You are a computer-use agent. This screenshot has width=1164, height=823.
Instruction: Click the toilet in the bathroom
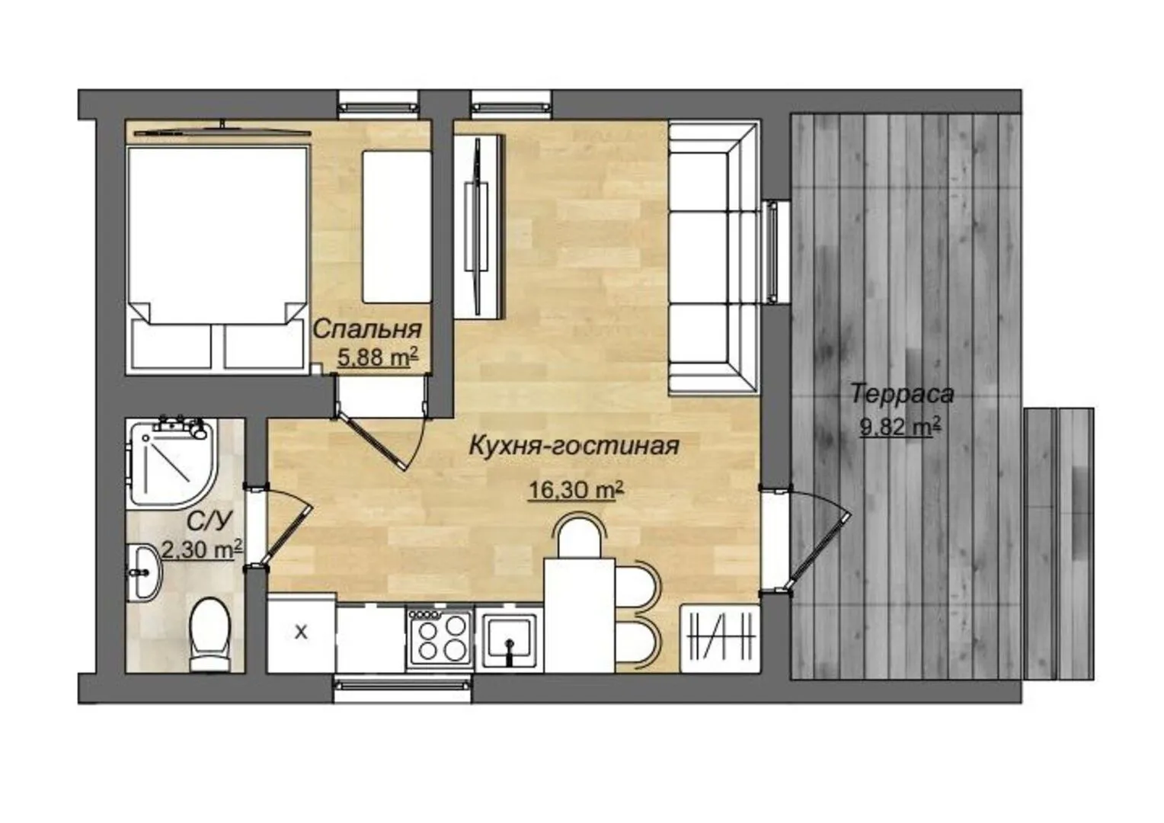tap(210, 635)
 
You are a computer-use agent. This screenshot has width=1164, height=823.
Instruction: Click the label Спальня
tap(367, 330)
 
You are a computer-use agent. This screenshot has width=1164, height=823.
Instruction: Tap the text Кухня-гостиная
tap(574, 446)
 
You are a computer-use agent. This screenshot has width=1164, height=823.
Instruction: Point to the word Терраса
tap(902, 394)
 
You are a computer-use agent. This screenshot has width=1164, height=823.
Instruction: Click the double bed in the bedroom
tap(216, 258)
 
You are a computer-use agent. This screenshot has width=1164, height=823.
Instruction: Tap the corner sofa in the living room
tap(712, 258)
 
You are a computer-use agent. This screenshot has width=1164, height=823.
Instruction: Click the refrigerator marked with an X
tap(302, 633)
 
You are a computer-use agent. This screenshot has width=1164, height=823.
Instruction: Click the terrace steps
tap(1060, 544)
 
